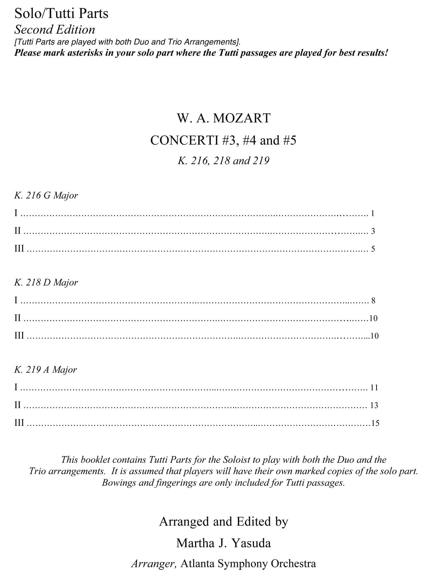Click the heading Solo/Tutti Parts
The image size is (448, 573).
point(61,13)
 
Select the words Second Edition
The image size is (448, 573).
point(55,30)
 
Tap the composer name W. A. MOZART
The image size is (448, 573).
point(224,118)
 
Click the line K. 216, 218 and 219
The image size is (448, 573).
point(224,160)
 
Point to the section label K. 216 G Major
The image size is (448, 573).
point(46,195)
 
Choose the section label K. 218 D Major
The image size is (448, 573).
point(46,282)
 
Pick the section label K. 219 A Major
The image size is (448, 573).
point(46,370)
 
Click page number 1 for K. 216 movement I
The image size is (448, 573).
point(372,213)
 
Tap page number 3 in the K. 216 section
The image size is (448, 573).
point(373,231)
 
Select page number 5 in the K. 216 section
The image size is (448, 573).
point(373,249)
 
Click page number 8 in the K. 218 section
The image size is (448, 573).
point(373,301)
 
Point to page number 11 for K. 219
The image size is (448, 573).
point(374,388)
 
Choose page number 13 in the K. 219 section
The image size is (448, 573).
point(374,405)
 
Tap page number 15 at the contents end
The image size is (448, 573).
point(375,423)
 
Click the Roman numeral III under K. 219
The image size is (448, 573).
point(19,423)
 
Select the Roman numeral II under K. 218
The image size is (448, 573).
point(17,318)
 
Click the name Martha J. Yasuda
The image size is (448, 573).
point(224,543)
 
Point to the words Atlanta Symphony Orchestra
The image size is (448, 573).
point(248,564)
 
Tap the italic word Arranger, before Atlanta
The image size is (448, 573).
point(154,564)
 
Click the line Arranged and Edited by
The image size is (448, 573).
point(224,521)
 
